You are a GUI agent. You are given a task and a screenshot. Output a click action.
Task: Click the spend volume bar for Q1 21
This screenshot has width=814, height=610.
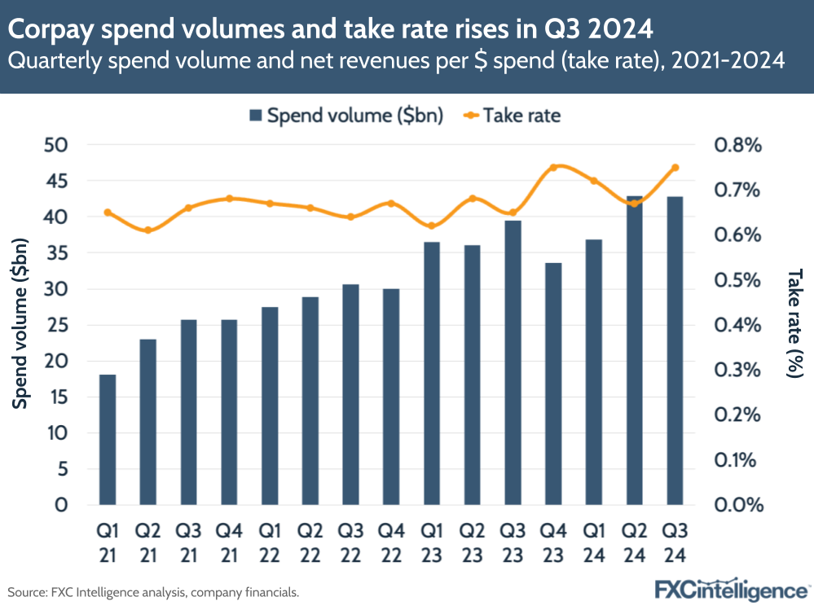tap(108, 440)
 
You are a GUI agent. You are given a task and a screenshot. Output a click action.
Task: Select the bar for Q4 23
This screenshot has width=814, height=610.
tap(553, 384)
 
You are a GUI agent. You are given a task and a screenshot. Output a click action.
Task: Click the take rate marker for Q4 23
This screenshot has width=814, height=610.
tap(553, 168)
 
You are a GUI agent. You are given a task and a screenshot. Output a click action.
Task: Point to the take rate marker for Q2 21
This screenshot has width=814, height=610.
tap(147, 230)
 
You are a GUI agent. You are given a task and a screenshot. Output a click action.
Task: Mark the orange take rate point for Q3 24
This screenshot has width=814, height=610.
tap(675, 168)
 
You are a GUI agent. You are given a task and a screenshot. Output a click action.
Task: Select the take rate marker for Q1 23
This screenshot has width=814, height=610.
tap(432, 226)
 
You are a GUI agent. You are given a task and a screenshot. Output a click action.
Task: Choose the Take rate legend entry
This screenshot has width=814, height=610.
tap(513, 116)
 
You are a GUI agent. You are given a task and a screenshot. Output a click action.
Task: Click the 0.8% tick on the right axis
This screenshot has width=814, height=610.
tap(737, 145)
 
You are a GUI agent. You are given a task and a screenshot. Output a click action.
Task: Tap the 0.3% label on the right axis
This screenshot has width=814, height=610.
tap(737, 370)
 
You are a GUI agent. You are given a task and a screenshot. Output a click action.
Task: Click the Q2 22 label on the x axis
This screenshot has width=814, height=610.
tap(310, 542)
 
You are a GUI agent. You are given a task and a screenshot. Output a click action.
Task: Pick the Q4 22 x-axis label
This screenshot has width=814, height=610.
tap(391, 542)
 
